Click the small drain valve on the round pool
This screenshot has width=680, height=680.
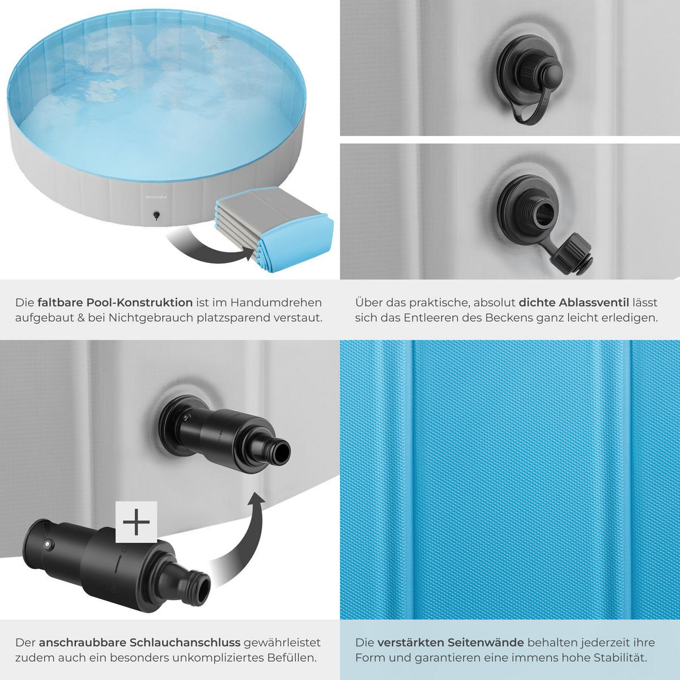coord(156,215)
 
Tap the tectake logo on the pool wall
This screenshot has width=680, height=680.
coord(156,197)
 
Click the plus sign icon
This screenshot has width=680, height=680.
coord(136,522)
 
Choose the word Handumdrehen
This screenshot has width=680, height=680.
coord(277,303)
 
